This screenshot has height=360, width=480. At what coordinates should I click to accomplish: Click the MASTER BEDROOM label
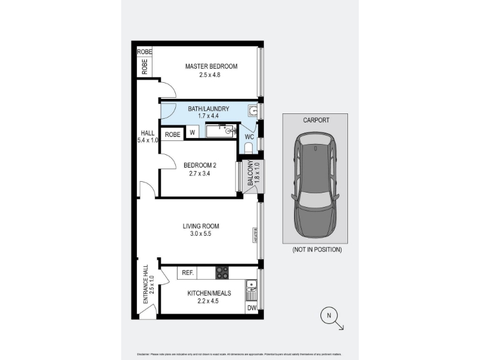(211, 66)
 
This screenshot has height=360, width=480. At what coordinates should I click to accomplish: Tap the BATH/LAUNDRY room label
(209, 109)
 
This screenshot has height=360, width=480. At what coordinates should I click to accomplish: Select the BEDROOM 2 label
(200, 165)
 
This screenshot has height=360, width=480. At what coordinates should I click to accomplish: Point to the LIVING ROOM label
(201, 226)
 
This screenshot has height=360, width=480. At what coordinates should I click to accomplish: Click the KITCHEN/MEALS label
(200, 293)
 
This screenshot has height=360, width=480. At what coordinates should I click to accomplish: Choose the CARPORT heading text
(316, 120)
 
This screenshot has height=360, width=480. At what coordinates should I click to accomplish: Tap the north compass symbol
(329, 314)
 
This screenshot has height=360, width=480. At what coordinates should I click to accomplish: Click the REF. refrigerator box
(187, 273)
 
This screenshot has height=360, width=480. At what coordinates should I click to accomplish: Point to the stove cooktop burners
(222, 273)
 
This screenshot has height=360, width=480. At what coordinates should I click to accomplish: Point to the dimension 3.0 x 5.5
(201, 234)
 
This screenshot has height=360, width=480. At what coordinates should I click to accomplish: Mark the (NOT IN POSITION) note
(317, 250)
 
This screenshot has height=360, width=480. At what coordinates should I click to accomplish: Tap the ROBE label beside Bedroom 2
(173, 134)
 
